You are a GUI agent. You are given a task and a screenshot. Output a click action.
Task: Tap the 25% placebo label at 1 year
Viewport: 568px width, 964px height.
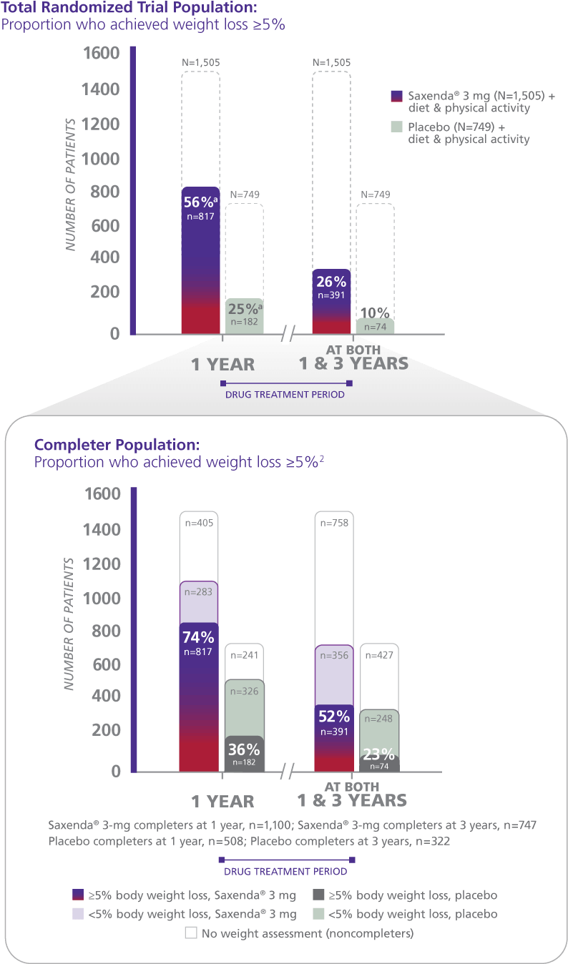(244, 309)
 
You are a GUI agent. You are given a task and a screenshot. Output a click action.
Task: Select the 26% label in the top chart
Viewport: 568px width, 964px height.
(331, 282)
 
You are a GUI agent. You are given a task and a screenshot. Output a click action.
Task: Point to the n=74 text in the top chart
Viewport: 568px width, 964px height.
(375, 327)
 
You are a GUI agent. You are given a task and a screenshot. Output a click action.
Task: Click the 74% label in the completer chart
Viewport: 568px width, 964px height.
(198, 637)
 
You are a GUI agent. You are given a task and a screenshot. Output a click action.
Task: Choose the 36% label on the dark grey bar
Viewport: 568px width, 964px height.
(243, 749)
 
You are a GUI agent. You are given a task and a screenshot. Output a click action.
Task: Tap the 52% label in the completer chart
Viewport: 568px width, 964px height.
(334, 717)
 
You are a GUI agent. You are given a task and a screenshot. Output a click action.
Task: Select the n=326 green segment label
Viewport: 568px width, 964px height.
(244, 692)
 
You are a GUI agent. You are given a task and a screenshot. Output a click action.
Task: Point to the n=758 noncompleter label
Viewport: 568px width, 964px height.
(334, 523)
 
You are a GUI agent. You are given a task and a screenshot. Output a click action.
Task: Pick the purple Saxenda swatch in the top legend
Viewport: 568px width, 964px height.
(397, 97)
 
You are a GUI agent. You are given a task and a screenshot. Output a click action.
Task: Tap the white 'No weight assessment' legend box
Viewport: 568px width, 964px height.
(191, 933)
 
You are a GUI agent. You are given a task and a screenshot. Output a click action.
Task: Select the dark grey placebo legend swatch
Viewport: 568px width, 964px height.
(319, 895)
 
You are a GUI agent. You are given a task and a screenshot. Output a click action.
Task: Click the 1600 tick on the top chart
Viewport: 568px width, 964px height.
(101, 54)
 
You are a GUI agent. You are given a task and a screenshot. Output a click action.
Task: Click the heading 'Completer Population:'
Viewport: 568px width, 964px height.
(117, 445)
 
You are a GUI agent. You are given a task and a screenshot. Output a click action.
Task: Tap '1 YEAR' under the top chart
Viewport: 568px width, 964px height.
(222, 365)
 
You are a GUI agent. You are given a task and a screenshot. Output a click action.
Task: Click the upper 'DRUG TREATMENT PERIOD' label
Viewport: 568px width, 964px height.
(285, 394)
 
